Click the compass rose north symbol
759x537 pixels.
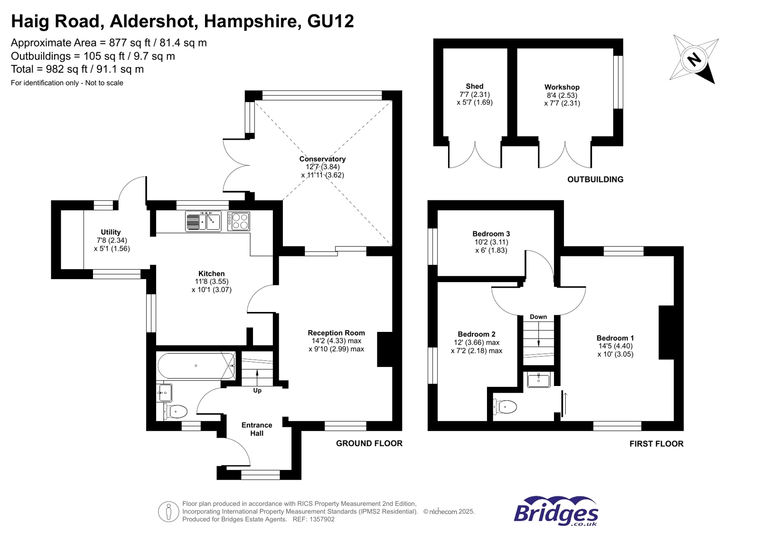point(693,59)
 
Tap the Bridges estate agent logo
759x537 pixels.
point(556,511)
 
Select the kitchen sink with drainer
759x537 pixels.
point(203,221)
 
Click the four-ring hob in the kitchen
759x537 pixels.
point(238,221)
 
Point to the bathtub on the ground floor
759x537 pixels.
point(196,366)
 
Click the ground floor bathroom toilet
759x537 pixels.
point(176,411)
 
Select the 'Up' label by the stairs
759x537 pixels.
point(257,390)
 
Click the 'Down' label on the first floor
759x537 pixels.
point(538,317)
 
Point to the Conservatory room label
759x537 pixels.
point(322,159)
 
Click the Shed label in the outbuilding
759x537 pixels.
point(474,86)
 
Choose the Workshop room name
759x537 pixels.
point(562,87)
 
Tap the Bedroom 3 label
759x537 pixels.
point(491,234)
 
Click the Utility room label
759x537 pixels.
point(111,232)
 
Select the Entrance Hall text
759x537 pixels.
point(257,429)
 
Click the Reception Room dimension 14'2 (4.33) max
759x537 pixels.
point(336,341)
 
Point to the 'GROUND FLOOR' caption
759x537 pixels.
point(369,443)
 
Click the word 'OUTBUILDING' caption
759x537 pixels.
point(595,179)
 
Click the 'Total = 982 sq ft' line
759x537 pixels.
point(77,69)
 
